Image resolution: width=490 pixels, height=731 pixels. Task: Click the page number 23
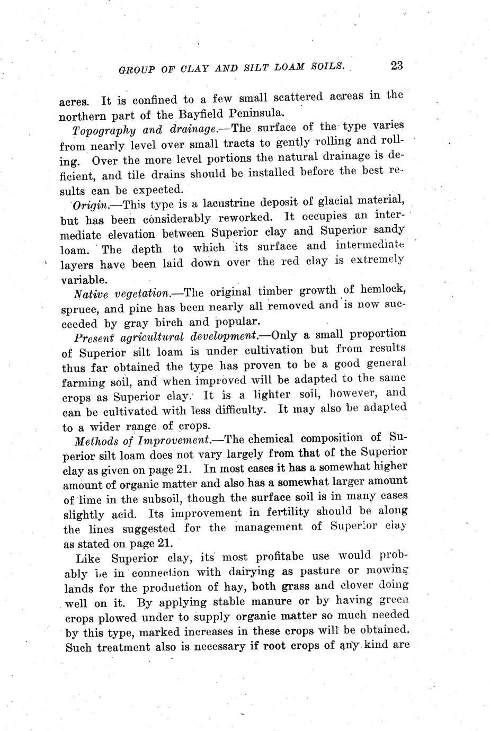[397, 66]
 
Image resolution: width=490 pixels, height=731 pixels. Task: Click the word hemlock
[382, 290]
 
